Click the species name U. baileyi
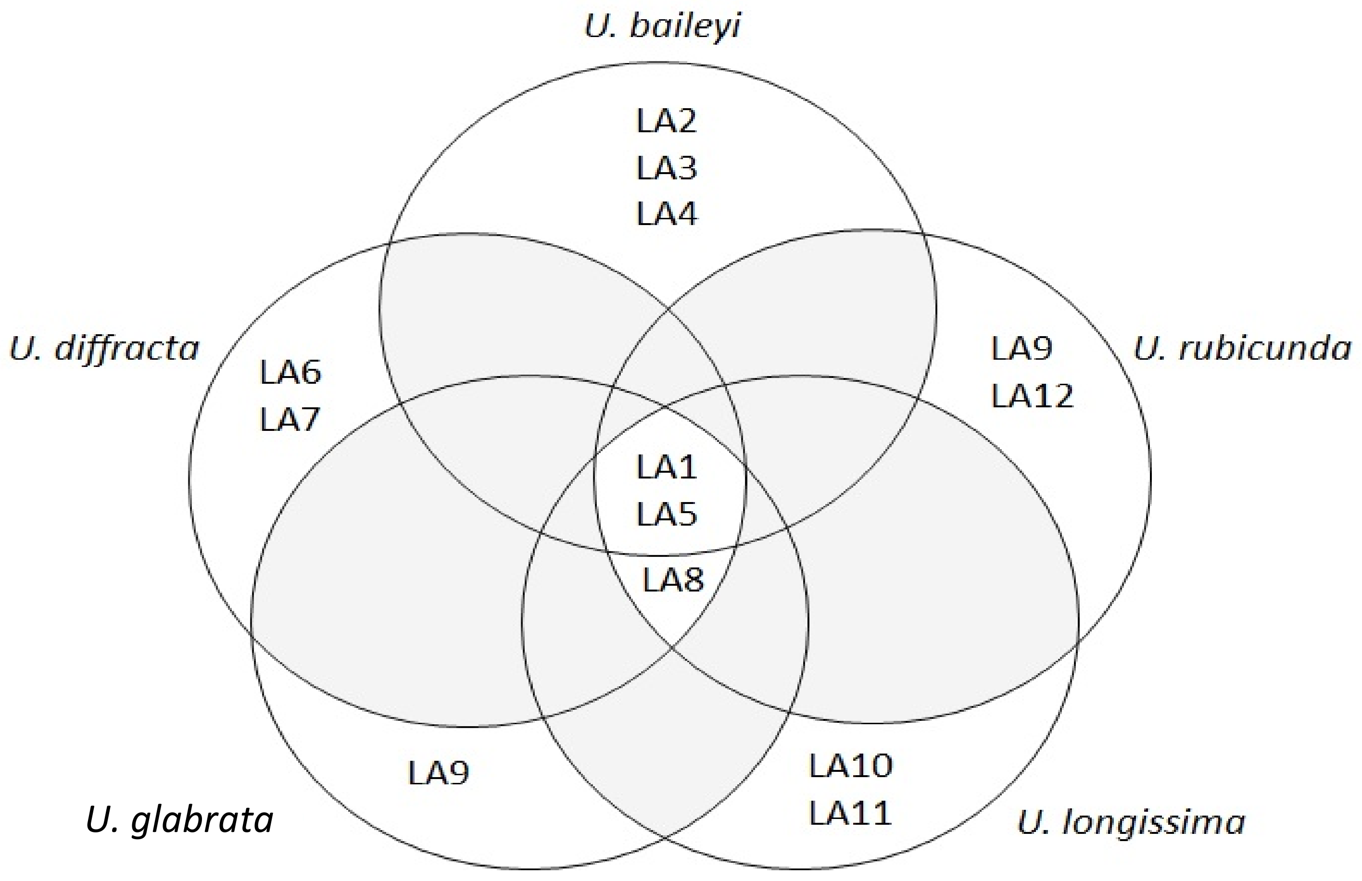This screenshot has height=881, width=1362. point(662,26)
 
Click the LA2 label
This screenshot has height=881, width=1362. point(667,121)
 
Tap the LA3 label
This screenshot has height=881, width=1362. point(667,168)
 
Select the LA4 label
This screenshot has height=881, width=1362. point(667,214)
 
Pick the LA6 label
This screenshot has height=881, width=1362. point(290,372)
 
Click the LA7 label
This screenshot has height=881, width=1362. point(290,419)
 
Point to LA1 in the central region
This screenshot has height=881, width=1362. point(667,467)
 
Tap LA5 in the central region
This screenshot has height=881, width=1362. point(667,514)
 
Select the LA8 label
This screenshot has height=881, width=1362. point(673,580)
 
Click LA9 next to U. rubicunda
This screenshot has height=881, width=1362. point(1021,348)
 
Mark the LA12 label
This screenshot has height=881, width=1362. point(1032,396)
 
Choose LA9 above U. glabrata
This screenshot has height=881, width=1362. point(438,773)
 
